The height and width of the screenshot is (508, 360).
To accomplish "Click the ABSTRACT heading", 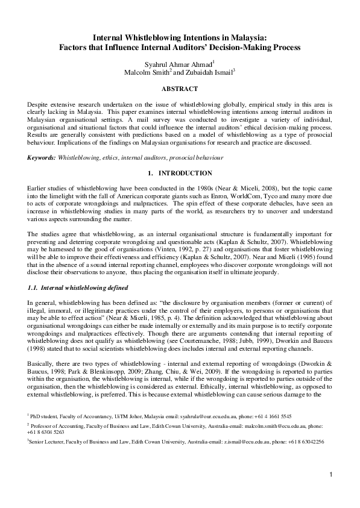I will tap(180, 89).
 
